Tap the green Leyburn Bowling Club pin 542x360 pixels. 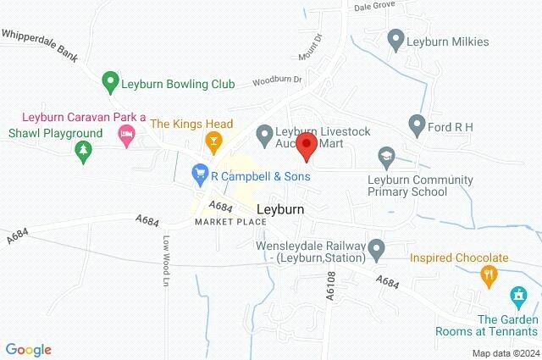tap(109, 83)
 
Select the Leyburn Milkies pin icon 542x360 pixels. tap(395, 39)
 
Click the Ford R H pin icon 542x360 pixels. tap(416, 125)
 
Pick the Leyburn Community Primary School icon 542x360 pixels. tap(386, 157)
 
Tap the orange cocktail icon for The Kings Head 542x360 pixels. tap(214, 140)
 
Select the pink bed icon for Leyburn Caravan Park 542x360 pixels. tap(126, 135)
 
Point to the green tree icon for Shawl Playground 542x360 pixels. tap(82, 151)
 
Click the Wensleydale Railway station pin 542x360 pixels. tap(378, 249)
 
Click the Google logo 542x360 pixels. tap(29, 349)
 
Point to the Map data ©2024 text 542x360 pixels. tap(505, 352)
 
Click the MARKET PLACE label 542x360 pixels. tap(230, 222)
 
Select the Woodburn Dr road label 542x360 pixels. tap(278, 81)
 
